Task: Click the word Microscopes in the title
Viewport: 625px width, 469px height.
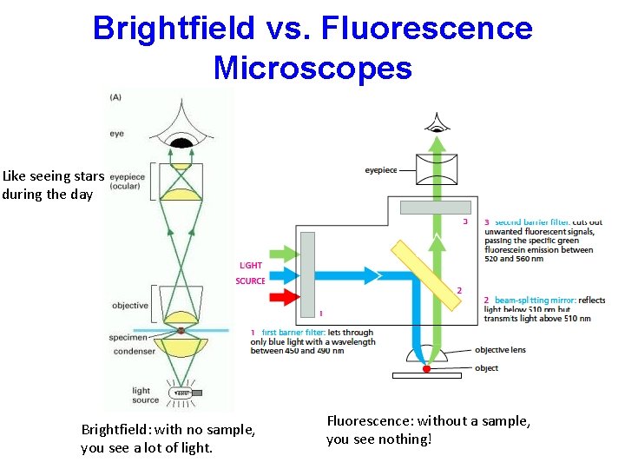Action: tap(312, 67)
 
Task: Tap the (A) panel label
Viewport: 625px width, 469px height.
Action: tap(115, 97)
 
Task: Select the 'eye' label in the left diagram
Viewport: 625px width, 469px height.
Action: tap(116, 134)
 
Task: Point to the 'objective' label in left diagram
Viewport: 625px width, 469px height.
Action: tap(129, 306)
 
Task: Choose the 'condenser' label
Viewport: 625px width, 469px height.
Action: tap(133, 351)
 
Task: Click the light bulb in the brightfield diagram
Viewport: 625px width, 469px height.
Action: tap(183, 393)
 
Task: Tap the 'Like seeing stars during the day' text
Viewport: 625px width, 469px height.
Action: tap(52, 185)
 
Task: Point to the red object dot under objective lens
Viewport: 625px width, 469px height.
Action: tap(426, 369)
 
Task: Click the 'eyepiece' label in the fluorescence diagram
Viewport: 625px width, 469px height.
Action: tap(381, 170)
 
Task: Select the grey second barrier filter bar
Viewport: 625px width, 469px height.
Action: tap(436, 208)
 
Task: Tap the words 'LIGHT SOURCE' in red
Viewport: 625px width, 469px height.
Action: tap(250, 273)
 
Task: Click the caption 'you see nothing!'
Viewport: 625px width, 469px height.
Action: tap(378, 439)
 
